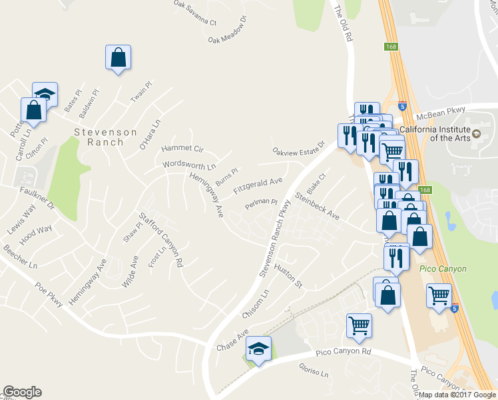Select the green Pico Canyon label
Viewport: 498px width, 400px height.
tap(443, 269)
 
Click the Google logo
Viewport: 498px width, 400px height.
tap(22, 392)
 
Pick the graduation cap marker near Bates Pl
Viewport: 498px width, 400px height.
tap(45, 94)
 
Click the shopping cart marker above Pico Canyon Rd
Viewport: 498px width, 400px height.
tap(359, 325)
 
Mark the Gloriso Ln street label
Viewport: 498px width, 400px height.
tap(314, 371)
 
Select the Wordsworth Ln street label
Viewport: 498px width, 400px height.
tap(190, 164)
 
